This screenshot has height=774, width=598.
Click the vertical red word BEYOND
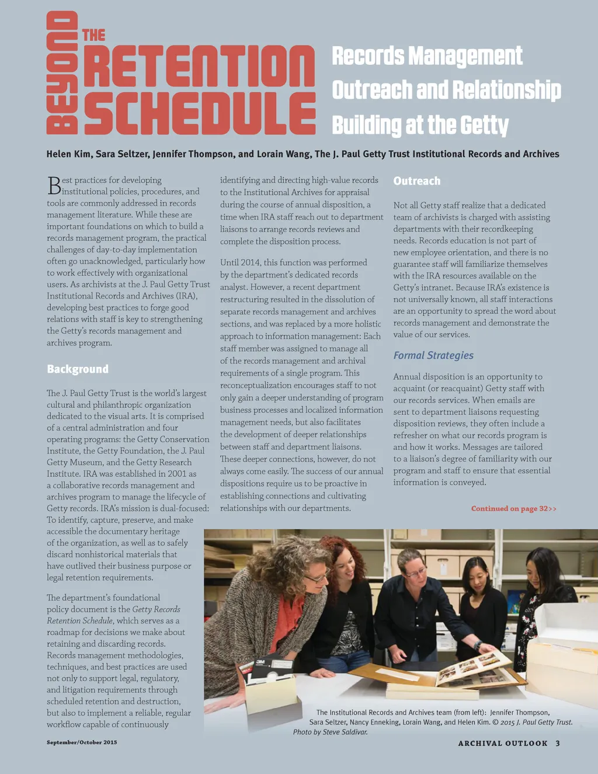pyautogui.click(x=62, y=73)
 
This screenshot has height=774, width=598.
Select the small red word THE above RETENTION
pyautogui.click(x=93, y=36)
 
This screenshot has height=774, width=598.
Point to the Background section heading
pyautogui.click(x=78, y=369)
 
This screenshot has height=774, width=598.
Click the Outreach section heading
pyautogui.click(x=417, y=181)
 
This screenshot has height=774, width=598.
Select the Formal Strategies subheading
pyautogui.click(x=433, y=355)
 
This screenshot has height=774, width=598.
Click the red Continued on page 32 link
pyautogui.click(x=513, y=509)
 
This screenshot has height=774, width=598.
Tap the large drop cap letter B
pyautogui.click(x=54, y=185)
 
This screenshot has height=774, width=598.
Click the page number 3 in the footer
pyautogui.click(x=558, y=744)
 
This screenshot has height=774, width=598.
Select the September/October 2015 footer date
pyautogui.click(x=82, y=742)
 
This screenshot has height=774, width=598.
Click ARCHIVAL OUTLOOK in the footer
pyautogui.click(x=503, y=744)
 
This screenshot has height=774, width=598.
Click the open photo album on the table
pyautogui.click(x=473, y=666)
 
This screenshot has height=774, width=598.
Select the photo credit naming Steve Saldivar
pyautogui.click(x=331, y=732)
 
